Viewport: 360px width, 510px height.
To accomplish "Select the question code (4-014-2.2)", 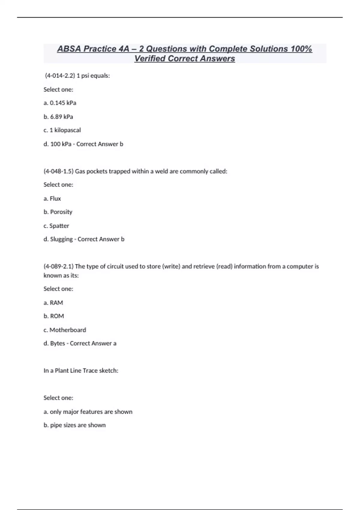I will [60, 76].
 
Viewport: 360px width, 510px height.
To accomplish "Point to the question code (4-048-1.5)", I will [58, 171].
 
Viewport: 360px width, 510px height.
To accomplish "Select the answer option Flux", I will [55, 199].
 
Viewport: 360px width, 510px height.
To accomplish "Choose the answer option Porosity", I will [61, 212].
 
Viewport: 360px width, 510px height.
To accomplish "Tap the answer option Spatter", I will [59, 226].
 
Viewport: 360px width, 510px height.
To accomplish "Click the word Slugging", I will [61, 239].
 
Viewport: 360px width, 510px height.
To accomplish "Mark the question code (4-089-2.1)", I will [58, 266].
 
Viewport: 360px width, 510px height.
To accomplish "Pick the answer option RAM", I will [56, 303].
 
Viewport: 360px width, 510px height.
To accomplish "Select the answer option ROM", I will [57, 316].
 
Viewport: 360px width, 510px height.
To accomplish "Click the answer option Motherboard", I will [67, 330].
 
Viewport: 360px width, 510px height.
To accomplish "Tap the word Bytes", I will [57, 343].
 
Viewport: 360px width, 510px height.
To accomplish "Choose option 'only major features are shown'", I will [91, 412].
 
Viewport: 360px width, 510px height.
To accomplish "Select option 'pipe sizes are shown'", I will [78, 425].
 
